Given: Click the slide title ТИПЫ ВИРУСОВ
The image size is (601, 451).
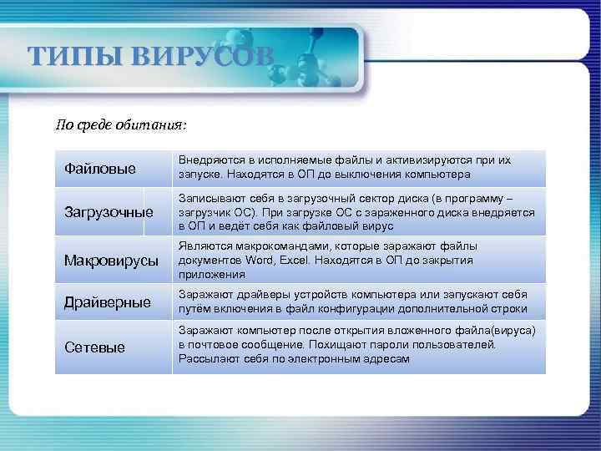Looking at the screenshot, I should click(x=150, y=56).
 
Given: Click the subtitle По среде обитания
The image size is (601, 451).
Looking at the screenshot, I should click(x=121, y=125).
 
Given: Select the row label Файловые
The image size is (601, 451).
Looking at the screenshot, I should click(x=100, y=170).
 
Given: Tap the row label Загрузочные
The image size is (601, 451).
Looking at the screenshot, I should click(x=109, y=212).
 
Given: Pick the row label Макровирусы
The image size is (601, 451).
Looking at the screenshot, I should click(x=111, y=261).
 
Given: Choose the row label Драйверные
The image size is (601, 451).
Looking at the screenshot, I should click(x=108, y=302).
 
